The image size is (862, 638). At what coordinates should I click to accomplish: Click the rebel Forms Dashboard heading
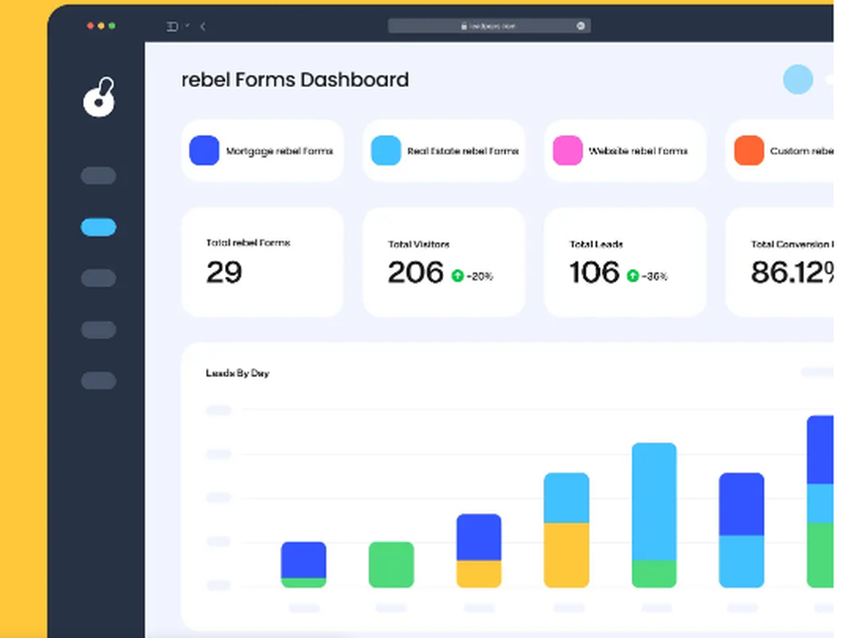[x=295, y=80]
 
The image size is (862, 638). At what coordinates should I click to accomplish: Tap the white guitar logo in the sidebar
[x=98, y=97]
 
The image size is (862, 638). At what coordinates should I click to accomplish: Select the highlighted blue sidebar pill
[x=98, y=228]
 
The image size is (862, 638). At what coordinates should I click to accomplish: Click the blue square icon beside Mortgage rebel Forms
[x=204, y=150]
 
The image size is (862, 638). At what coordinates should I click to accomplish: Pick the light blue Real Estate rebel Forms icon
[x=385, y=150]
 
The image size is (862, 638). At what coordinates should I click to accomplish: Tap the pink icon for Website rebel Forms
[x=567, y=150]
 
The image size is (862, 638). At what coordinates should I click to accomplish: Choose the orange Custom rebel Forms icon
[x=748, y=150]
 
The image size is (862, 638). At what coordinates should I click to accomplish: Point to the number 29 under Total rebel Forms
[x=224, y=272]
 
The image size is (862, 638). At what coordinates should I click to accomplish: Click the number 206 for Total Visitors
[x=415, y=272]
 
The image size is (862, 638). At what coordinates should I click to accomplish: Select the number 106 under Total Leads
[x=595, y=272]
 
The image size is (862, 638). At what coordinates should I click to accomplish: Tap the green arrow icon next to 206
[x=458, y=276]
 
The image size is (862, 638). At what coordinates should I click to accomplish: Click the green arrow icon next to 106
[x=633, y=276]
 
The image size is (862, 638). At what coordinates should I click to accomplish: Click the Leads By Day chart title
[x=237, y=373]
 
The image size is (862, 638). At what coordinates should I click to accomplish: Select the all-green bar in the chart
[x=391, y=565]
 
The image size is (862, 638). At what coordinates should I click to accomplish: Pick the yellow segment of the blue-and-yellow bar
[x=478, y=573]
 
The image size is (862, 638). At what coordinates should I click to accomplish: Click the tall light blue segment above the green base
[x=653, y=502]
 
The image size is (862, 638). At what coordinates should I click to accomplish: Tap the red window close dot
[x=91, y=26]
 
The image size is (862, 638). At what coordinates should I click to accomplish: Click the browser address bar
[x=489, y=26]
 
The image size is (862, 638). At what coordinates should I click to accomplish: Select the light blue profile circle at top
[x=797, y=79]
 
